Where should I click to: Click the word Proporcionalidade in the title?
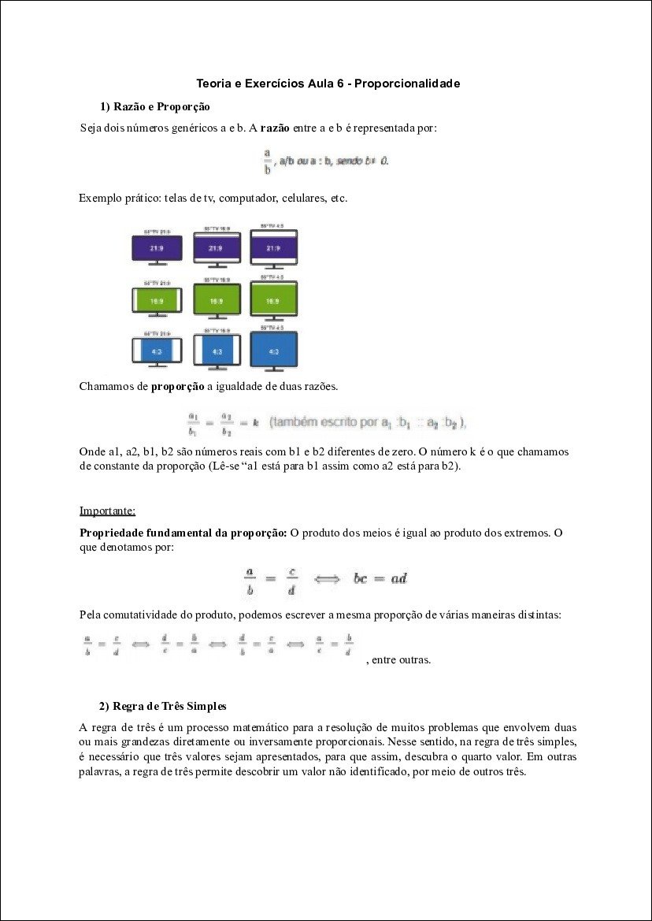pos(407,83)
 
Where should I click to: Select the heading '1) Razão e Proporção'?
pos(154,106)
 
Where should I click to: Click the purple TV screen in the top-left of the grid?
pos(157,248)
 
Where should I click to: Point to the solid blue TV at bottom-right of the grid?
pos(273,351)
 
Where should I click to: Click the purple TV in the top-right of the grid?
pos(273,247)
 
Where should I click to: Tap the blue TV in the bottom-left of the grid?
pos(157,351)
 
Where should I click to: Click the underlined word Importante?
pos(107,511)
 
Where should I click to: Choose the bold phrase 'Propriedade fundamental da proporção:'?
pos(183,533)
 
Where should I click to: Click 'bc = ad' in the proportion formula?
pos(380,578)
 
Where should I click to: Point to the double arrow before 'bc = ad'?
pos(327,579)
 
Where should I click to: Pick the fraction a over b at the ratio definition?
pos(268,160)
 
